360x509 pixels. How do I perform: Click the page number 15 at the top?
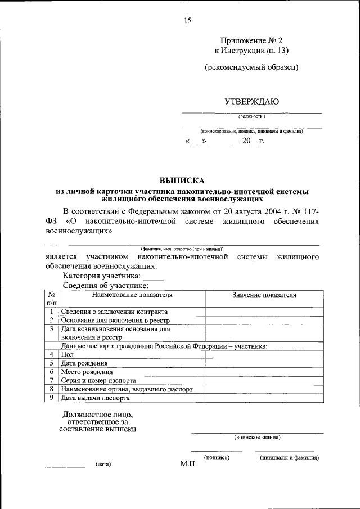187,21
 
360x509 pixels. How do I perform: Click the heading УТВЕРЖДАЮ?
251,101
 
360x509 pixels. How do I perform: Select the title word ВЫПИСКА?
182,181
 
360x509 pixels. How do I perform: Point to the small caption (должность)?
251,117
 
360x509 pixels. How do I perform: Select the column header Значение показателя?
264,295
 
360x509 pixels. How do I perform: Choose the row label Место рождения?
87,372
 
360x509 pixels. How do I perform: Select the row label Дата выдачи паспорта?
96,398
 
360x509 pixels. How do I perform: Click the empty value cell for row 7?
264,381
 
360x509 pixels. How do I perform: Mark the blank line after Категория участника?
154,277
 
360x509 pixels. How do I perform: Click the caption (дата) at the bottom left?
103,465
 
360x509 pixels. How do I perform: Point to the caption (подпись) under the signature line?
217,458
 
